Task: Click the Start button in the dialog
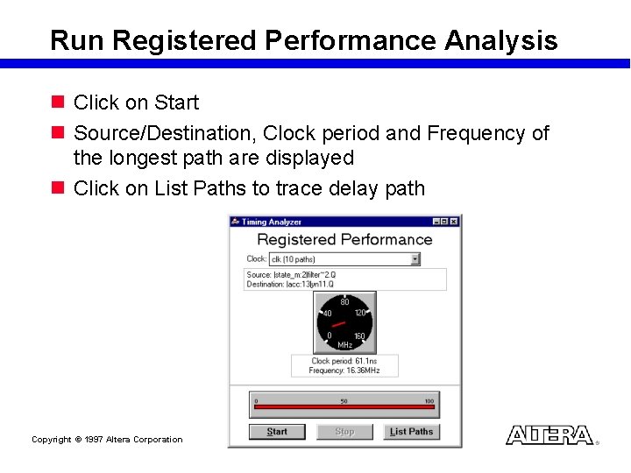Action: (x=277, y=432)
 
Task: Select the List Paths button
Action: (x=411, y=432)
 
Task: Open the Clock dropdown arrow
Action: (x=415, y=259)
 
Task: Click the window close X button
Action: (x=454, y=222)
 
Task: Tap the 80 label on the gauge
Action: (x=344, y=302)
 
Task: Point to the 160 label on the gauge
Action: (x=359, y=336)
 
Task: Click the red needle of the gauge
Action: (x=337, y=325)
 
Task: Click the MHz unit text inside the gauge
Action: (x=344, y=345)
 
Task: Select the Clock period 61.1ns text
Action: (x=344, y=361)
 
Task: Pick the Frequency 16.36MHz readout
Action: (x=344, y=371)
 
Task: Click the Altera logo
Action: (x=550, y=435)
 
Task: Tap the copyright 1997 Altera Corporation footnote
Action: (x=107, y=440)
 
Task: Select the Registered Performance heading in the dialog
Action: (x=344, y=240)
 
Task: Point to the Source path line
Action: (x=291, y=275)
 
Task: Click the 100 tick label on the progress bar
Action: (x=429, y=401)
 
